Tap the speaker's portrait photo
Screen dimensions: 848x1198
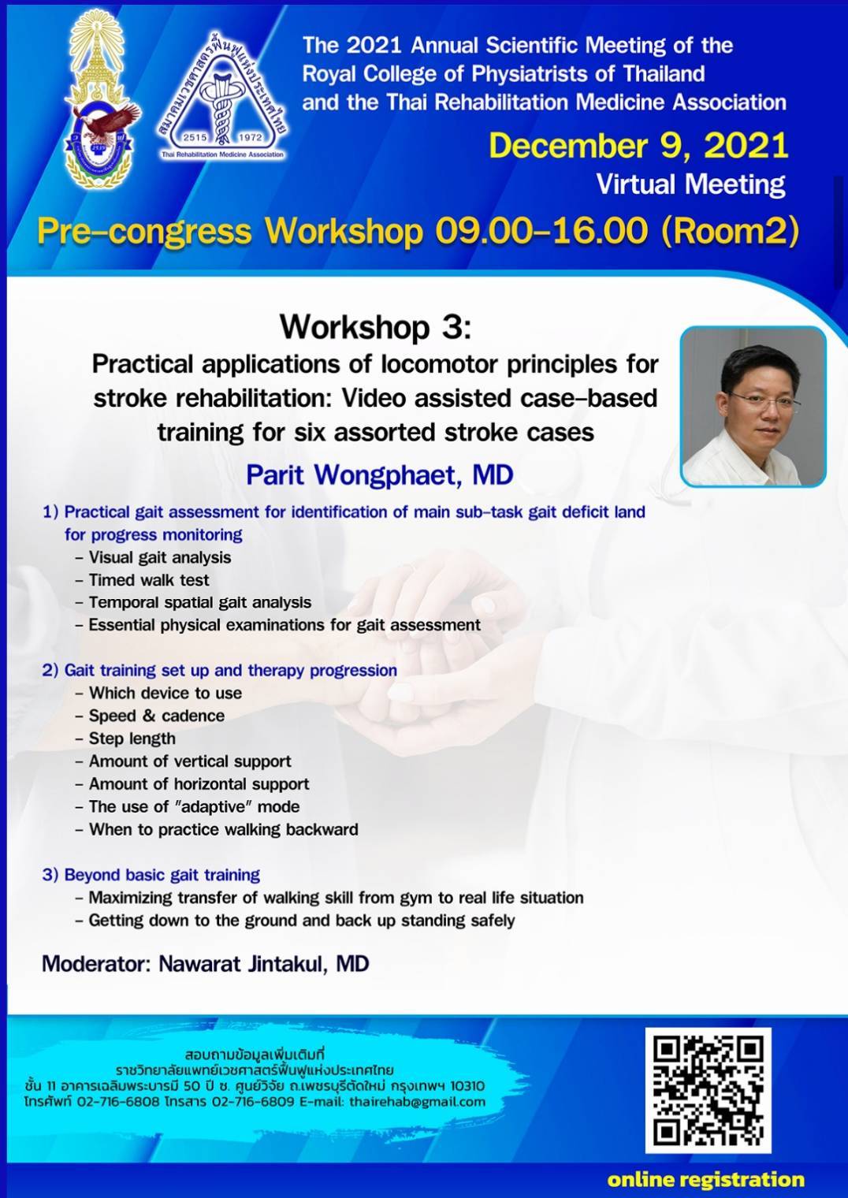[x=753, y=407]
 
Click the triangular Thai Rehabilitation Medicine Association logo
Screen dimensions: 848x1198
[x=222, y=96]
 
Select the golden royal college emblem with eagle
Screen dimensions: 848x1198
[x=102, y=99]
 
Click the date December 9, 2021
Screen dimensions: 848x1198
[x=638, y=146]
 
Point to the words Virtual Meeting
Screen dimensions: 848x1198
[x=691, y=184]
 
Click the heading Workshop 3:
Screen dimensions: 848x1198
[x=376, y=326]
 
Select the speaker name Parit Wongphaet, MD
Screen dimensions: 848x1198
[x=380, y=475]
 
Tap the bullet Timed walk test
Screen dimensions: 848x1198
[x=142, y=580]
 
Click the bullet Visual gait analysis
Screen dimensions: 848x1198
[x=153, y=557]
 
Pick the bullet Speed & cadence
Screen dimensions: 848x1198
[x=150, y=716]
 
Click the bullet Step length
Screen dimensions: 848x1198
[x=125, y=739]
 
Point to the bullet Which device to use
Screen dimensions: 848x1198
[x=158, y=693]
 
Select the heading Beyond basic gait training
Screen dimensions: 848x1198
[x=151, y=875]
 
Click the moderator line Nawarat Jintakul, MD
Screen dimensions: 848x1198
[x=206, y=964]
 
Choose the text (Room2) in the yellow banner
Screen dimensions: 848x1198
[x=731, y=232]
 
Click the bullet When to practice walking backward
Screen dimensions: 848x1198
[x=217, y=829]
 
